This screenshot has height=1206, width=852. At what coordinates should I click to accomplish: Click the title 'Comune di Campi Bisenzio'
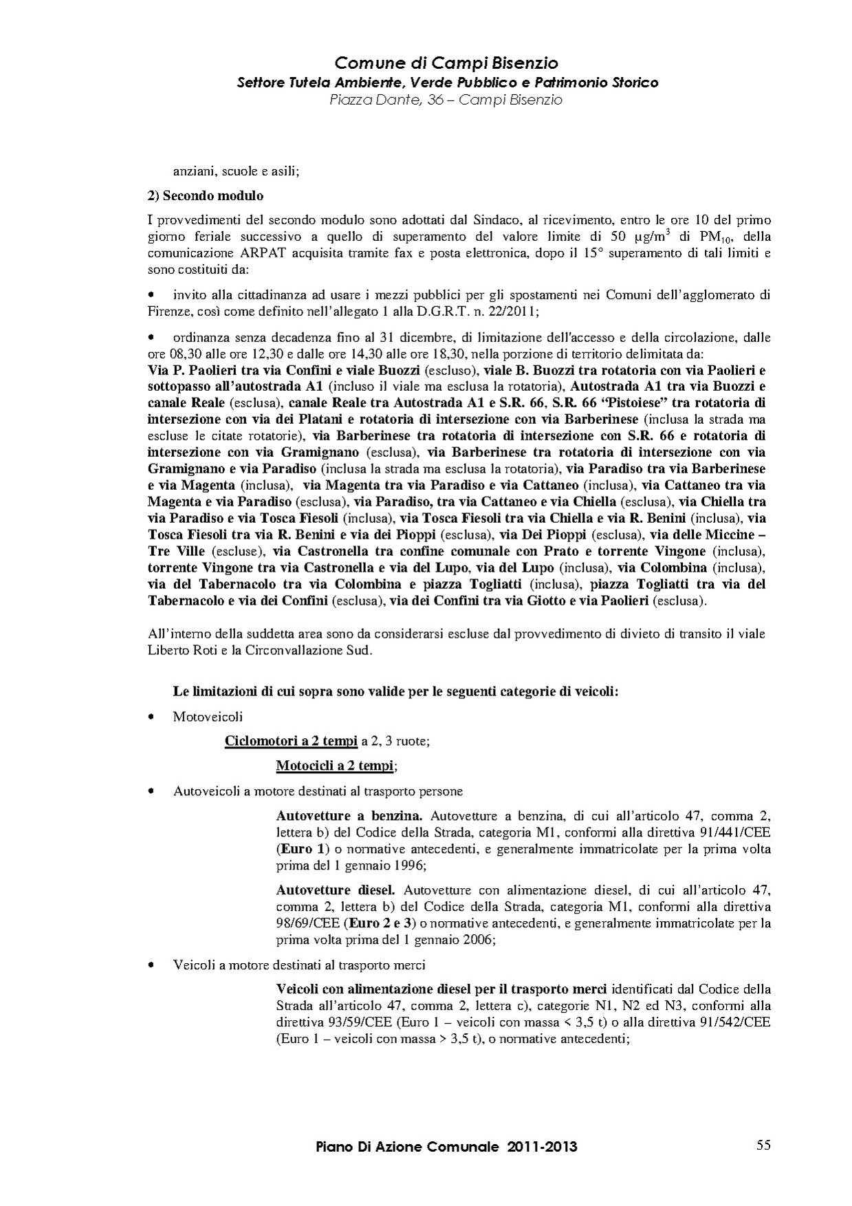point(446,63)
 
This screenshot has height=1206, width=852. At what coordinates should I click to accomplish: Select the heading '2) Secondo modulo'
point(206,195)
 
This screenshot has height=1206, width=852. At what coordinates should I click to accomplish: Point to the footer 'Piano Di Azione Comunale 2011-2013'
point(446,1147)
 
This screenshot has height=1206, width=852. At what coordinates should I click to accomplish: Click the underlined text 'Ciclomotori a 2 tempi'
point(292,741)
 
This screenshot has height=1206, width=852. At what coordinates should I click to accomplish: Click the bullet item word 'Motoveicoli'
point(208,717)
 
